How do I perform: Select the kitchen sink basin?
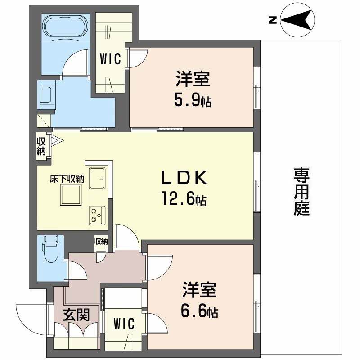tap(97, 178)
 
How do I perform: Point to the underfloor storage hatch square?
tap(71, 195)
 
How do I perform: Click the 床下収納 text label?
tap(67, 179)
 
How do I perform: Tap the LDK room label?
tap(184, 178)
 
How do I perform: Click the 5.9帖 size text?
tap(193, 100)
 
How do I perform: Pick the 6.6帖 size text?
tap(199, 311)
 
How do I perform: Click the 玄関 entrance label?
tap(76, 315)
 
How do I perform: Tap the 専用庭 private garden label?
tap(301, 191)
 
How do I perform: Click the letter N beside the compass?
tap(273, 20)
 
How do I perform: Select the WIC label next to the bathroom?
tap(110, 59)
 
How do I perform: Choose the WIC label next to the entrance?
tap(124, 324)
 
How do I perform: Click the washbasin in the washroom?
tap(47, 95)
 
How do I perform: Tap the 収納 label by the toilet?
tap(101, 241)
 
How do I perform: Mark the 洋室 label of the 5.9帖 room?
tap(193, 79)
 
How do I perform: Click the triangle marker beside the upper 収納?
tap(56, 140)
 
